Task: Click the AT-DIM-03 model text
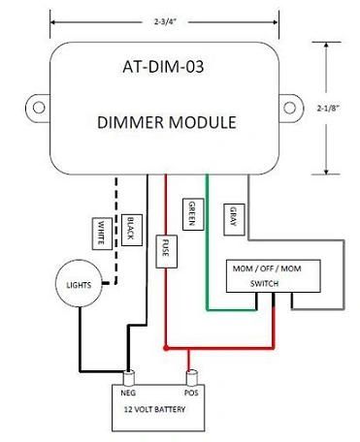[163, 67]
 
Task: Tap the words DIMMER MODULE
[167, 122]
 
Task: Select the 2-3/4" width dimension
[165, 22]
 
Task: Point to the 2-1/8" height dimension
[328, 108]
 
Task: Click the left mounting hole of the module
[39, 108]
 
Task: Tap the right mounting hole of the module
[289, 108]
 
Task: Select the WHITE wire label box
[102, 234]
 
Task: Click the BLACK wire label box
[132, 230]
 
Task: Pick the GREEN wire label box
[193, 214]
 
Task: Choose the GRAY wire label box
[234, 220]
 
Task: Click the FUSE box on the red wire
[167, 251]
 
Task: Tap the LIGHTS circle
[79, 283]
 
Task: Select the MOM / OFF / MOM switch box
[274, 276]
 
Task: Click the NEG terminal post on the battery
[129, 378]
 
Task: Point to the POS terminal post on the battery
[191, 378]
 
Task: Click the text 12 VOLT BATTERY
[154, 409]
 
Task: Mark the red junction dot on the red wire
[166, 348]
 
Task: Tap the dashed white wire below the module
[115, 230]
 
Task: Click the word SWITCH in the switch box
[264, 284]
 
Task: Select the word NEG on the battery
[128, 393]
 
